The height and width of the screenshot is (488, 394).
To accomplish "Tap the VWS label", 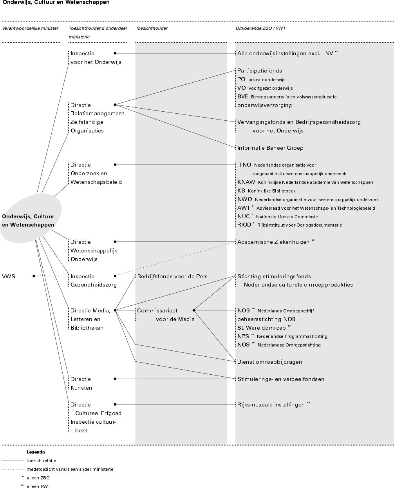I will [9, 276].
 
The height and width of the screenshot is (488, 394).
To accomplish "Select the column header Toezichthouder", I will [152, 28].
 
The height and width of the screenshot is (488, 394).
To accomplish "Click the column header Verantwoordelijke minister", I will [30, 28].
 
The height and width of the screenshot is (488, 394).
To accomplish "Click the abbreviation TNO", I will [245, 165].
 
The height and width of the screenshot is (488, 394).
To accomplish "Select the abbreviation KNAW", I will [246, 182].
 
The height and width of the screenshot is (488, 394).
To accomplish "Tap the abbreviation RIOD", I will [244, 225].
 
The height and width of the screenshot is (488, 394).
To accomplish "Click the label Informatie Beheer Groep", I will [270, 148].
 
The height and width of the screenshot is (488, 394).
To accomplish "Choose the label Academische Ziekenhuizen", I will [273, 242].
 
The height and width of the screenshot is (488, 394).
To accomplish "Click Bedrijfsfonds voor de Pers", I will [172, 276].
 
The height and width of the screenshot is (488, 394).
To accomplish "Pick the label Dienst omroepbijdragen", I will [269, 362].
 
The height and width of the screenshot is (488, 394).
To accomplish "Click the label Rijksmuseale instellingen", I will [271, 405].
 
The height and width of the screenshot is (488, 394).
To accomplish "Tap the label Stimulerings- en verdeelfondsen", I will [281, 379].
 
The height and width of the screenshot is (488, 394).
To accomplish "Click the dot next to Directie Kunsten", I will [115, 379].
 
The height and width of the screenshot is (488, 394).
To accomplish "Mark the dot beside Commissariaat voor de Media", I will [194, 310].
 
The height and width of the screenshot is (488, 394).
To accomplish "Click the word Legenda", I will [36, 452].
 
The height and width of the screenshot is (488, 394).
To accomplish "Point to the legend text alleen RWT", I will [38, 486].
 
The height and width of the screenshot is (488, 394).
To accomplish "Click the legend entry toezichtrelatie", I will [41, 461].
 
